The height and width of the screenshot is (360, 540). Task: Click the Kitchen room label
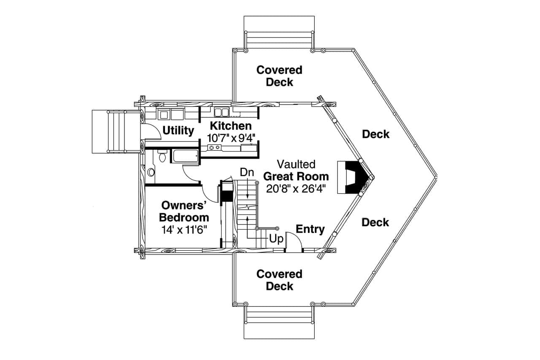tap(230, 126)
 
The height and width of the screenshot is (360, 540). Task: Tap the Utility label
tap(178, 130)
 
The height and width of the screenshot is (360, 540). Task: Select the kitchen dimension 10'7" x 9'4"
tap(231, 138)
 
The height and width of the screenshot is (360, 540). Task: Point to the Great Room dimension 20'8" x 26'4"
tap(296, 188)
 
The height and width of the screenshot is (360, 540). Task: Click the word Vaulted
tap(296, 164)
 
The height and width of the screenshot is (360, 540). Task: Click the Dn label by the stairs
tap(247, 172)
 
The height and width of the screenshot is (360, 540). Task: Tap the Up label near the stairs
tap(276, 239)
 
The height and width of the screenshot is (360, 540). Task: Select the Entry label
tap(310, 229)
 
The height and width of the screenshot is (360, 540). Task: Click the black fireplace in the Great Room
tap(354, 177)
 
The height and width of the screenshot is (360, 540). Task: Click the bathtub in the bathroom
tap(185, 156)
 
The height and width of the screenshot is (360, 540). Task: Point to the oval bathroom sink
tap(151, 172)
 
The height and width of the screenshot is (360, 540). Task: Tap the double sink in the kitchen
tap(221, 112)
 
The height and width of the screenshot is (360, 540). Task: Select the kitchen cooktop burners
tap(214, 147)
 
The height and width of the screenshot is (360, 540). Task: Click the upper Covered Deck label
tap(279, 76)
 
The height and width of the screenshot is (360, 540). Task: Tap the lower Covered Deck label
tap(279, 280)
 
